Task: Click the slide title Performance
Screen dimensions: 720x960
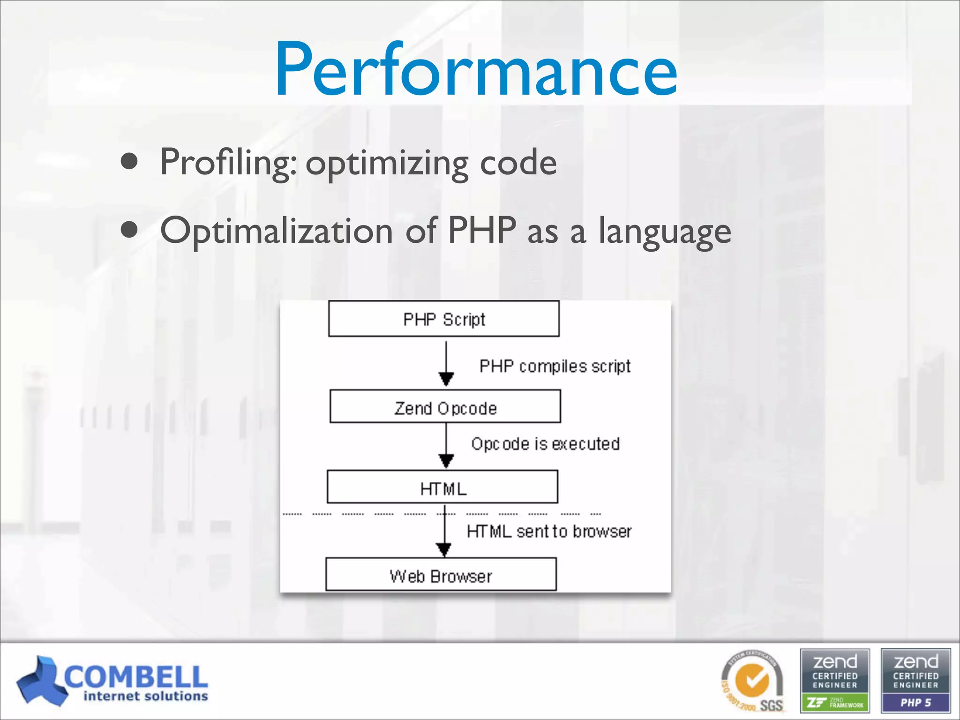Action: [x=475, y=70]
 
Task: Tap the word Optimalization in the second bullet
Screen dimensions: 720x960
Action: [x=276, y=231]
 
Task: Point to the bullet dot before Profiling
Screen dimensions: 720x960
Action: [x=129, y=162]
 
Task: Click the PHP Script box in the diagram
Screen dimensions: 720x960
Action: [x=443, y=319]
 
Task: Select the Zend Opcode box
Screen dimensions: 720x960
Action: [x=445, y=407]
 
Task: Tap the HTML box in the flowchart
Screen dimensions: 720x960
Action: [x=442, y=487]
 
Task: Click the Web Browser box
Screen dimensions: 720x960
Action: [x=441, y=575]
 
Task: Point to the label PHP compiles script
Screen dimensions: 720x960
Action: [x=555, y=366]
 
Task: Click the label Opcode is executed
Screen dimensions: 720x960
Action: [x=545, y=443]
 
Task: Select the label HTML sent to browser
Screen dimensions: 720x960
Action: [x=549, y=531]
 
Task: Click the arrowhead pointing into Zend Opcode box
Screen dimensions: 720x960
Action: [x=446, y=379]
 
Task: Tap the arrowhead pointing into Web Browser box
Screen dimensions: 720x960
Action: [x=443, y=549]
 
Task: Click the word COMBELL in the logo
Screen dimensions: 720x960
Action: [x=136, y=676]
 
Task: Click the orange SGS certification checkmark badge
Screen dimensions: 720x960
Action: [x=753, y=681]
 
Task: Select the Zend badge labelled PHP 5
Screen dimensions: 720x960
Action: [x=915, y=681]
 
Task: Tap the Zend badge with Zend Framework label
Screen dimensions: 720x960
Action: [x=835, y=681]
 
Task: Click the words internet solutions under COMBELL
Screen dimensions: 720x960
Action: [x=145, y=697]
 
